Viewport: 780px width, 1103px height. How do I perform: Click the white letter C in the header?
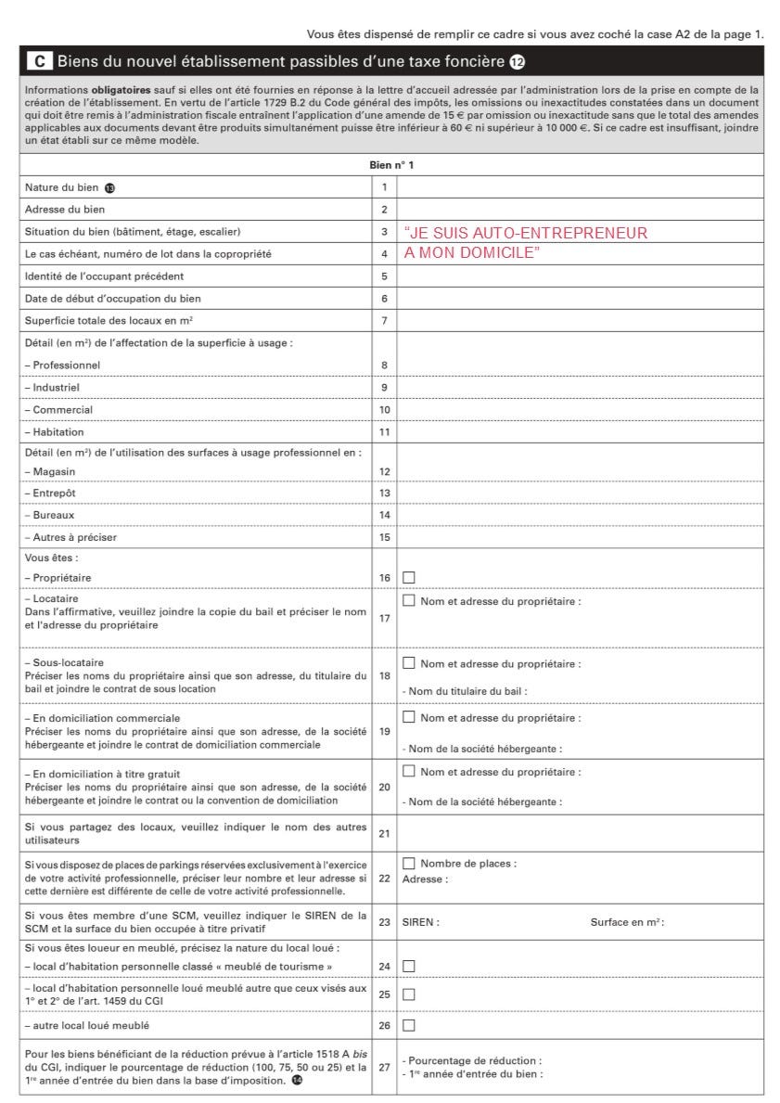(39, 62)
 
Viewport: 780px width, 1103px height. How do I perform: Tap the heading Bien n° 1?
(391, 165)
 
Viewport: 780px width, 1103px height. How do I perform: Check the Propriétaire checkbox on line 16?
(408, 578)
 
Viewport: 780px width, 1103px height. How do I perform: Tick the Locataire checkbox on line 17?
(408, 601)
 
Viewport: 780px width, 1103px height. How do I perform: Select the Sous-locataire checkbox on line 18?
(408, 663)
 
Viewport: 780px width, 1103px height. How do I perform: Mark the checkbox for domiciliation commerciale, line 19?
(408, 718)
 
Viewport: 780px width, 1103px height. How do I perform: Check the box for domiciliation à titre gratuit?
(408, 772)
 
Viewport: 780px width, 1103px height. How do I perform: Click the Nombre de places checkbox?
(408, 864)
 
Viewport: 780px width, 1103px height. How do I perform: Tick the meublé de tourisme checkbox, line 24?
(408, 966)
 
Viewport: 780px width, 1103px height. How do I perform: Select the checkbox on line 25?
(408, 994)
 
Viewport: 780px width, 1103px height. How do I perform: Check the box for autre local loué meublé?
(408, 1025)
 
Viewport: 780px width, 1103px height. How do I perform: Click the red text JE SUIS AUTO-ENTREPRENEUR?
(527, 234)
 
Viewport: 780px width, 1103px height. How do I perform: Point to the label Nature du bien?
(62, 187)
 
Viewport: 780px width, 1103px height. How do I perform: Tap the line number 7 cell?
(384, 321)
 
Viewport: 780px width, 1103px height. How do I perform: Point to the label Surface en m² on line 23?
(627, 922)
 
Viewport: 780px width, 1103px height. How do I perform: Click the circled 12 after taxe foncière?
(517, 62)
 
